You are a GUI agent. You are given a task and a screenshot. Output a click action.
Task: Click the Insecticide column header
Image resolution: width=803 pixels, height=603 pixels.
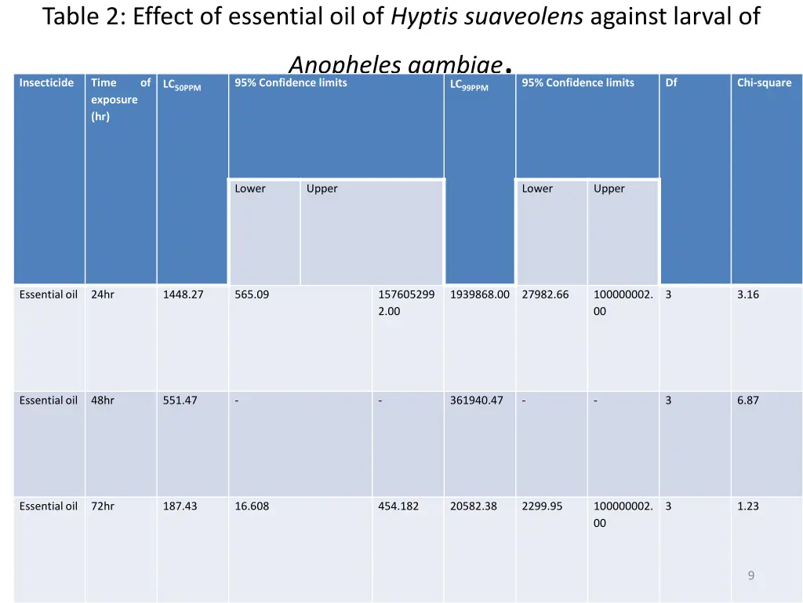pos(46,82)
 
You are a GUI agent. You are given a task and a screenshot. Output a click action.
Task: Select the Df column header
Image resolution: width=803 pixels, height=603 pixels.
pos(671,82)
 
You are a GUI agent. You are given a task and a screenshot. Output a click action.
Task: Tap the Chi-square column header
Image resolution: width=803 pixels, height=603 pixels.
pos(764,82)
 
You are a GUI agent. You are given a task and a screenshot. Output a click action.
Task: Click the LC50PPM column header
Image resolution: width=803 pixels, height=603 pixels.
pos(182,85)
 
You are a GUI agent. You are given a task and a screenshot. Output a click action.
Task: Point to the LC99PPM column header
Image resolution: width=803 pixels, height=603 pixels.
pos(469,85)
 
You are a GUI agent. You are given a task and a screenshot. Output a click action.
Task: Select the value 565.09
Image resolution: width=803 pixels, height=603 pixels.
pos(252,294)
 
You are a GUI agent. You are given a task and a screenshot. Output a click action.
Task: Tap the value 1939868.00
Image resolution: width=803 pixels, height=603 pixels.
pos(479,294)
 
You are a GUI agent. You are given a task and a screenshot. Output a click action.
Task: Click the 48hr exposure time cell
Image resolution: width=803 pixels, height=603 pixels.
pos(103,400)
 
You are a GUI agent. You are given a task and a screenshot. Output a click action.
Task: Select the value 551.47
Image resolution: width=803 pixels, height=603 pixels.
pos(180,400)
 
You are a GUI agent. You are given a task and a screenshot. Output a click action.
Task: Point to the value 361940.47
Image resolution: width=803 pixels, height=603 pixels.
pos(476,400)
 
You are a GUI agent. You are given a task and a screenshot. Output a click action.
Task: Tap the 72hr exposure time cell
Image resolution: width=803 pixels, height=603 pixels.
pos(103,506)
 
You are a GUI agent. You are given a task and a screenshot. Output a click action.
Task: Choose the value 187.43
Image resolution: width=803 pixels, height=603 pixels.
pos(180,506)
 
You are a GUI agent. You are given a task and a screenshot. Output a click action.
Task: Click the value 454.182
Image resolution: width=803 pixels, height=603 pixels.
pos(398,506)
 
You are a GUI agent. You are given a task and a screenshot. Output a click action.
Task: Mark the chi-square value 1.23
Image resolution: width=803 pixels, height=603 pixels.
pos(747,506)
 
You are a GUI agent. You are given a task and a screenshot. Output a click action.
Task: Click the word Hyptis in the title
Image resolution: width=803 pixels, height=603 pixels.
pos(424,17)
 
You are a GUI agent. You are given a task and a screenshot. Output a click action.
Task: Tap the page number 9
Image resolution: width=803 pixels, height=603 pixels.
pos(750,576)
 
